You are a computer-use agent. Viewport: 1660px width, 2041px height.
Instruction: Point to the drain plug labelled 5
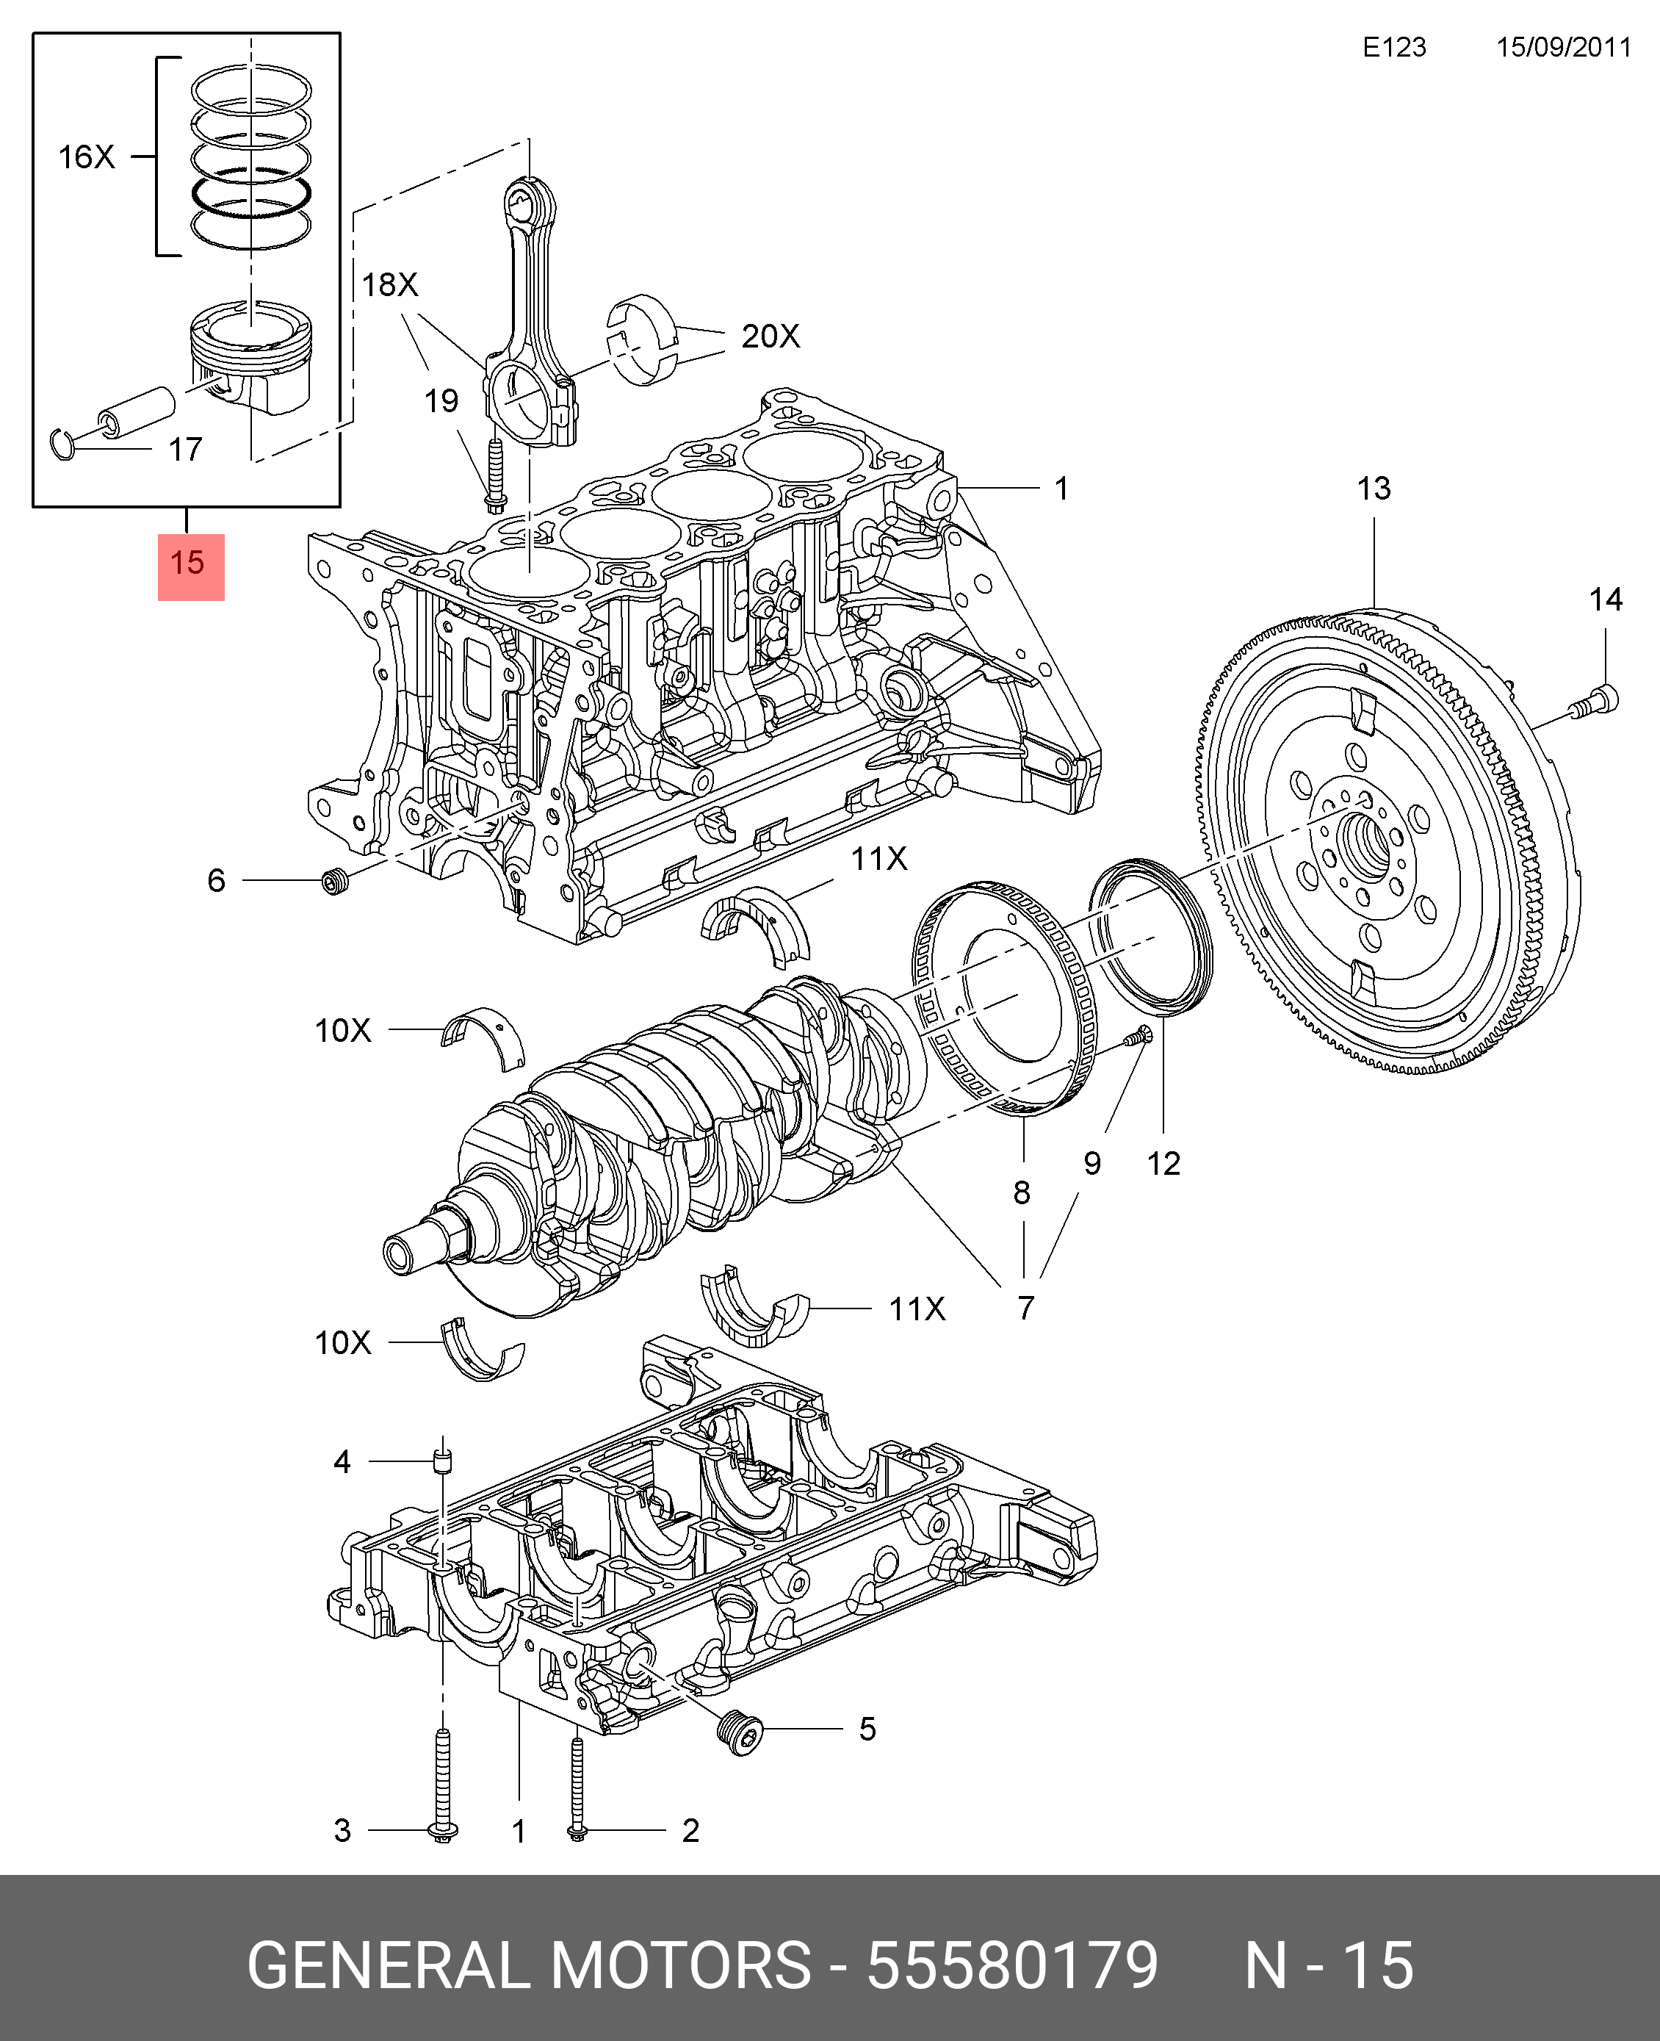point(741,1729)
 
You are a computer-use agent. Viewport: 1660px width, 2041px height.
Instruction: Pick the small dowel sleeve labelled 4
point(441,1461)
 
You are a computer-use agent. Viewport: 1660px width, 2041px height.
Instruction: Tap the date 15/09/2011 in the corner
point(1562,47)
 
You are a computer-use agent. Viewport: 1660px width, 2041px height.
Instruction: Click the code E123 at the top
point(1393,47)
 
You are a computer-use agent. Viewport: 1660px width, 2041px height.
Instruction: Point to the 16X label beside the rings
point(86,156)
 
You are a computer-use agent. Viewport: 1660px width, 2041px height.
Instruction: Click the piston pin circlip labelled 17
point(63,444)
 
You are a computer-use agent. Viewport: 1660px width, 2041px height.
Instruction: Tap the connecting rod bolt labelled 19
point(495,476)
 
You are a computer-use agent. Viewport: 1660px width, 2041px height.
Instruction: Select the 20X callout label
point(770,336)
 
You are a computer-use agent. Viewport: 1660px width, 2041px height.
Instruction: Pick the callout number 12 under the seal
point(1163,1163)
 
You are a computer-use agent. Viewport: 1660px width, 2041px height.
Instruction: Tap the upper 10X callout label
point(342,1030)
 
